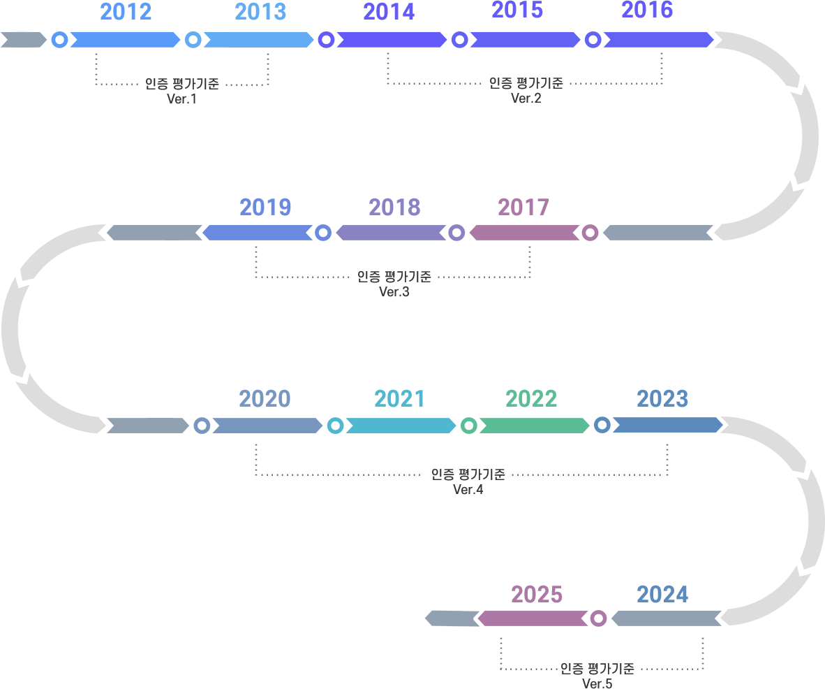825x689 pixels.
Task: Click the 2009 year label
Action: pos(265,208)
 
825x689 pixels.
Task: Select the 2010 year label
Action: pos(265,399)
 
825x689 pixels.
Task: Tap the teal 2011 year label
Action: pos(399,399)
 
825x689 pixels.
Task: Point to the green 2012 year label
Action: pos(531,399)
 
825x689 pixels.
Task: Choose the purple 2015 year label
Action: pos(536,595)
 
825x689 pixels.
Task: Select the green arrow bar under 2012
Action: pos(534,425)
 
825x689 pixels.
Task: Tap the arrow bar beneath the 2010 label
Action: pos(267,425)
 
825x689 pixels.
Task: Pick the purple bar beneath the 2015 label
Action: pos(534,618)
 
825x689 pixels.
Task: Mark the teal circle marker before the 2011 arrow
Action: pos(335,425)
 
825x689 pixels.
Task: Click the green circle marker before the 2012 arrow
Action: pos(469,425)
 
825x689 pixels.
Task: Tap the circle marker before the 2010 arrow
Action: pos(202,425)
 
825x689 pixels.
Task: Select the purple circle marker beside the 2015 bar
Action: pos(598,618)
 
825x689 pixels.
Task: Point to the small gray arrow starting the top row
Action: pos(23,39)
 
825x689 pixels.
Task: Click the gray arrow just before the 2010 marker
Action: pos(147,425)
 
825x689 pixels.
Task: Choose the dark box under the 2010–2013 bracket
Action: pos(470,482)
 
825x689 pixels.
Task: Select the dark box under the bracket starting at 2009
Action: pos(392,284)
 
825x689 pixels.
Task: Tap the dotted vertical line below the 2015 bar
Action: pos(501,653)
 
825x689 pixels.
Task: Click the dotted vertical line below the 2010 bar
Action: pos(256,459)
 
